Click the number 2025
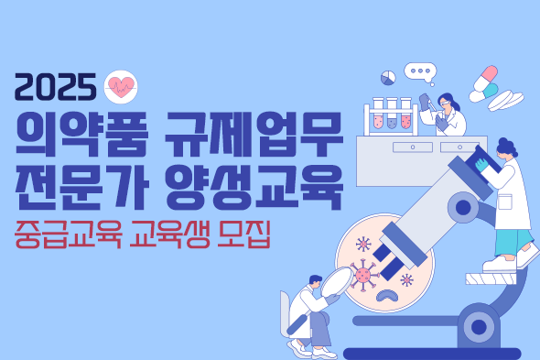(55, 87)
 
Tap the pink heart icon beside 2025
(121, 86)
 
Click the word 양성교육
(257, 185)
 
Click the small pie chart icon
(388, 77)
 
